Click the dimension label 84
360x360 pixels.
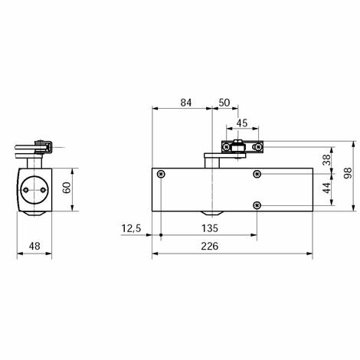click(x=186, y=103)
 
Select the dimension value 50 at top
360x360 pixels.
click(x=224, y=103)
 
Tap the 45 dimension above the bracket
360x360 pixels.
click(x=242, y=123)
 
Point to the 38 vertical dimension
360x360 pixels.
click(x=327, y=160)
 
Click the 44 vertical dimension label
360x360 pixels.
click(x=327, y=188)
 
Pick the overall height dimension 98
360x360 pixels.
click(x=348, y=173)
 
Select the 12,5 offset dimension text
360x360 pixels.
click(x=131, y=228)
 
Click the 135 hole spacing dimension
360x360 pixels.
click(x=210, y=228)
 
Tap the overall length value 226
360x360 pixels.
click(x=210, y=247)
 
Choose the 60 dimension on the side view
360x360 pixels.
click(x=67, y=188)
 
